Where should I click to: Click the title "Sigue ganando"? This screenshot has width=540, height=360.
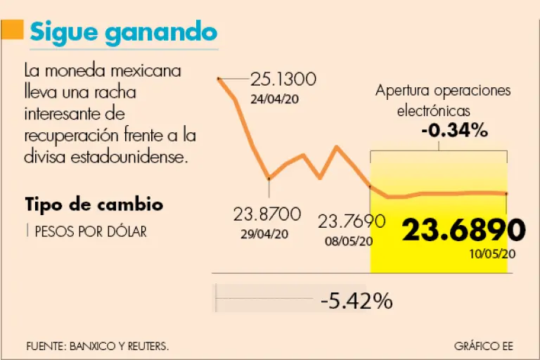point(122,32)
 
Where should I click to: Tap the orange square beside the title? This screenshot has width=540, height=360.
point(12,32)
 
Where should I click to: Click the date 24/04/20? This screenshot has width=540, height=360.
point(274,98)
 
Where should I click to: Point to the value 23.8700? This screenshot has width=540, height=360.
point(267,214)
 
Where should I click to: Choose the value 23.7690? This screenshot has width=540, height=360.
point(352,222)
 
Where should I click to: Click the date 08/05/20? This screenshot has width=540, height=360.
point(349,241)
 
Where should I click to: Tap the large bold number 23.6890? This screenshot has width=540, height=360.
point(463,230)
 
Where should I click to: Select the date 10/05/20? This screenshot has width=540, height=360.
point(494,254)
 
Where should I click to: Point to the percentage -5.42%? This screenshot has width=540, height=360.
point(356,301)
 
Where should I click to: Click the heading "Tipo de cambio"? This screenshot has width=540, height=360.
point(94,205)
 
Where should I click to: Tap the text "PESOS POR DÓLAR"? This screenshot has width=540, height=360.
point(90,231)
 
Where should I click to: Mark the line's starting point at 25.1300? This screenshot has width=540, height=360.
point(219,79)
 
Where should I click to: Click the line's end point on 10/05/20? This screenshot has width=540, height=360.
point(506,193)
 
